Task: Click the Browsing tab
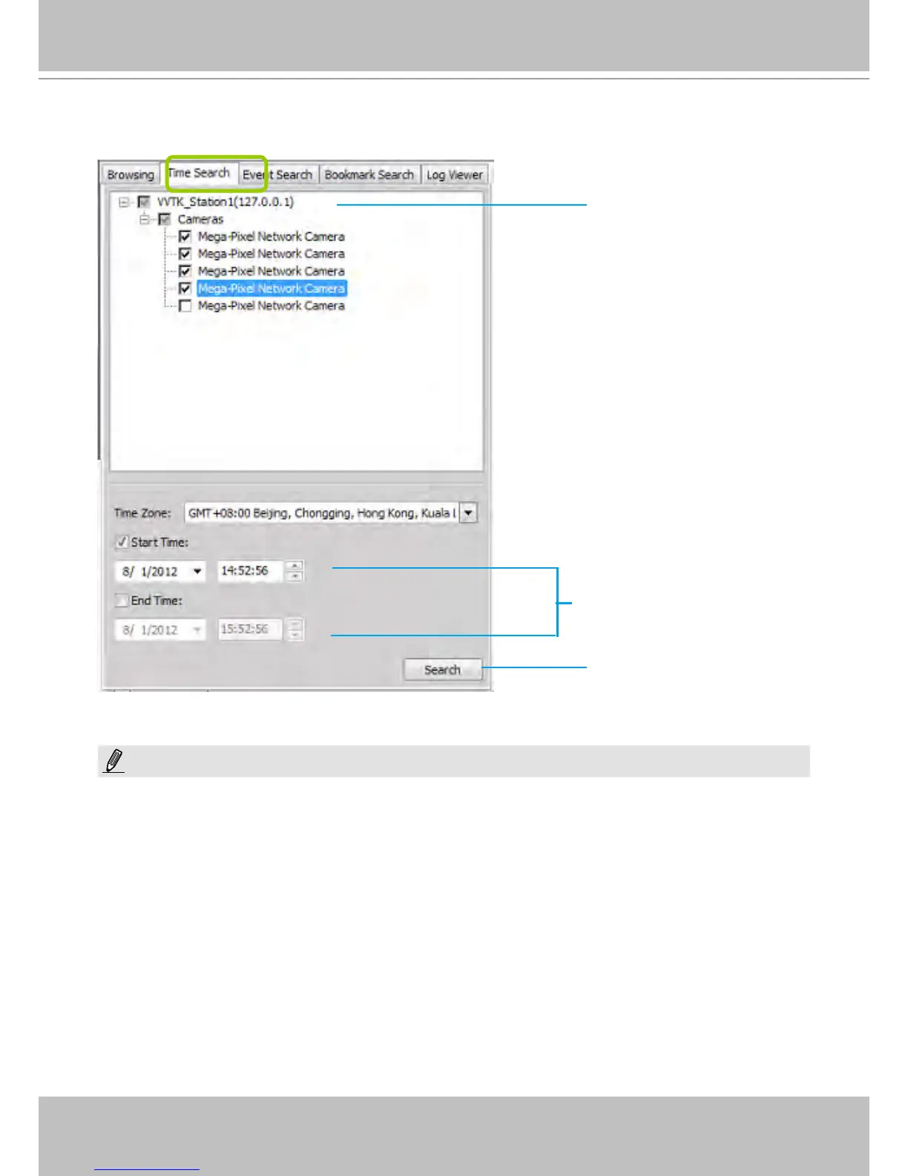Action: click(131, 175)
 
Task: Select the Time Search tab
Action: click(200, 173)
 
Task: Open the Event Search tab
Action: click(278, 175)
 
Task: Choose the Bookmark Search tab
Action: click(369, 175)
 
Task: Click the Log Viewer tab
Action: click(455, 175)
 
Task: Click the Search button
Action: click(442, 670)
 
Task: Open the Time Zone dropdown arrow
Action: click(468, 513)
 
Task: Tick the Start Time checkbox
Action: click(122, 543)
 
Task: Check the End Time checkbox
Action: click(122, 601)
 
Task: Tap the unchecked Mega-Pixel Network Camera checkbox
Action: click(185, 306)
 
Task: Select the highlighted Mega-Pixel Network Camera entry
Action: click(272, 289)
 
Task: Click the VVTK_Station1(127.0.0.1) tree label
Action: click(226, 202)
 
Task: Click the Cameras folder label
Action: click(200, 220)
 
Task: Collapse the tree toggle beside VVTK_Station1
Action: click(124, 202)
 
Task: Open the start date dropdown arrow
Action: click(197, 572)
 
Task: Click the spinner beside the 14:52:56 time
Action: click(295, 571)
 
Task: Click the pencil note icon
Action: click(114, 761)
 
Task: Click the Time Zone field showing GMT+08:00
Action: click(320, 513)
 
